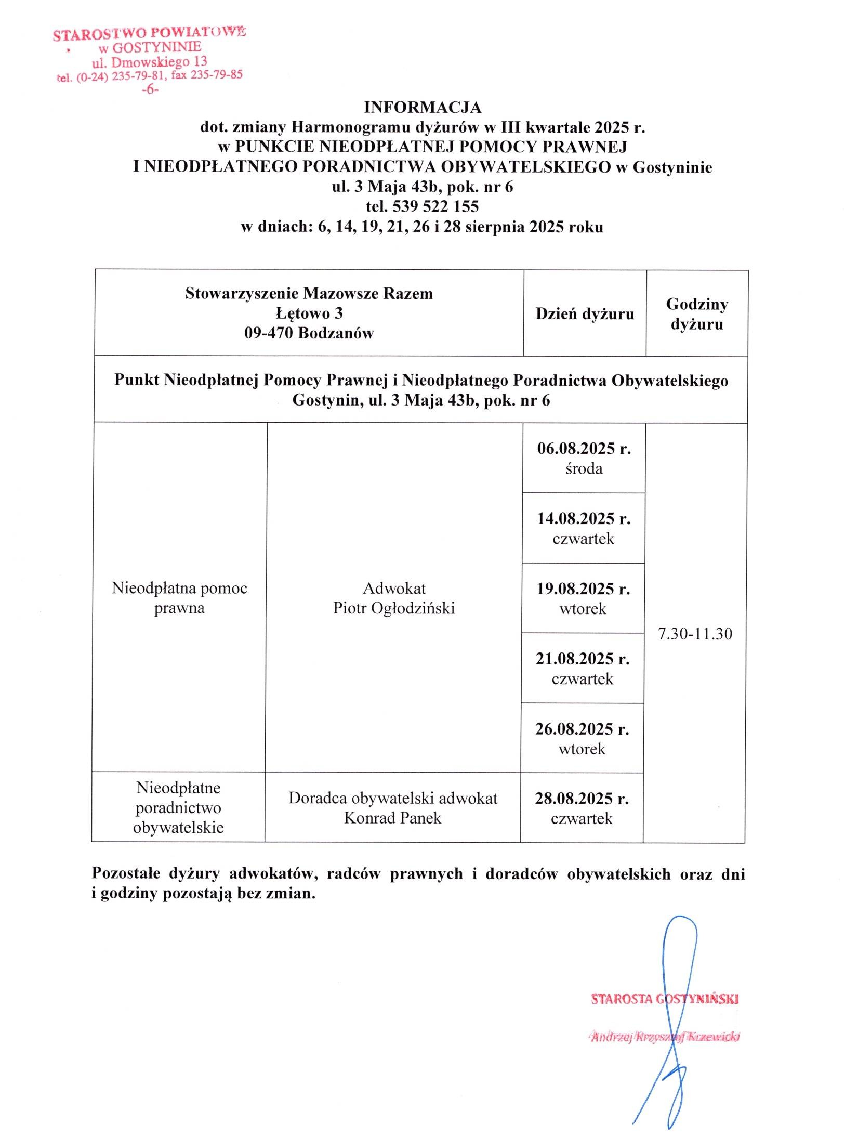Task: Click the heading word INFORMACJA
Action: (x=423, y=108)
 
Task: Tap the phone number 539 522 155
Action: (x=436, y=207)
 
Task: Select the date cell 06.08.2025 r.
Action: (x=584, y=449)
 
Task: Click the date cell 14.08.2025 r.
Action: (x=584, y=519)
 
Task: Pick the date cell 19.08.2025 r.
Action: (x=583, y=589)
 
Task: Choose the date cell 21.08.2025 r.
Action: (x=583, y=659)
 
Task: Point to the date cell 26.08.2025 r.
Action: (x=582, y=729)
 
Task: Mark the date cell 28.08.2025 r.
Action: (x=582, y=799)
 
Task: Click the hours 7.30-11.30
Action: (x=695, y=634)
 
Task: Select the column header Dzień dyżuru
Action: (x=585, y=314)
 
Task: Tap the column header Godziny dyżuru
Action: (x=697, y=314)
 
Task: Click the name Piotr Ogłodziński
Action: (x=394, y=608)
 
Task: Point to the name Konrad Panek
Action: (x=392, y=818)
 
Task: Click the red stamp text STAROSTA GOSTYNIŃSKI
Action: (x=665, y=999)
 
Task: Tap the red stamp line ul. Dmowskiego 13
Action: (x=149, y=62)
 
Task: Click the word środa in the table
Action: (x=584, y=469)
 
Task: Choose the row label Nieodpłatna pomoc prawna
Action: (x=179, y=598)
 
